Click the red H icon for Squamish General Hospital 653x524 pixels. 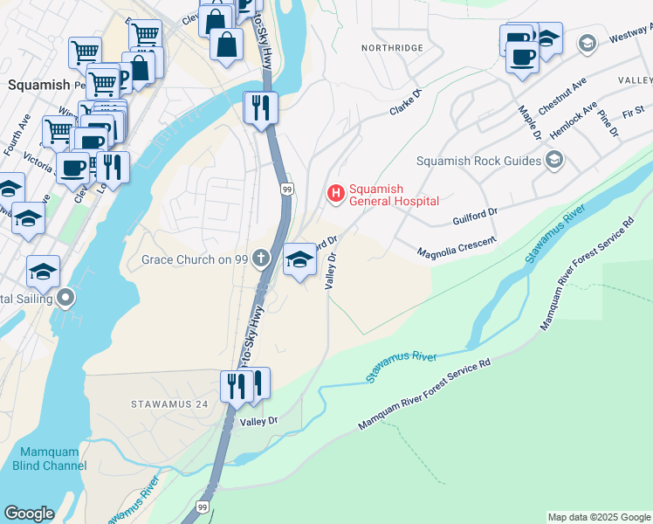tap(334, 194)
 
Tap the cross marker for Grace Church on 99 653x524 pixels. tap(260, 259)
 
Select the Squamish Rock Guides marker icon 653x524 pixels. tap(553, 160)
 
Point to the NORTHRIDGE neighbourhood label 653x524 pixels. tap(395, 47)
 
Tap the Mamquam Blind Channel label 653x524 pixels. tap(50, 459)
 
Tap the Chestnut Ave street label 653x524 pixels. tap(560, 100)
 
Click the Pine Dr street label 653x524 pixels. tap(609, 123)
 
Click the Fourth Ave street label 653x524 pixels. tap(17, 129)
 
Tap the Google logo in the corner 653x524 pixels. tap(29, 514)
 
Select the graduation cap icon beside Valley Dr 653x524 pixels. tap(299, 259)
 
